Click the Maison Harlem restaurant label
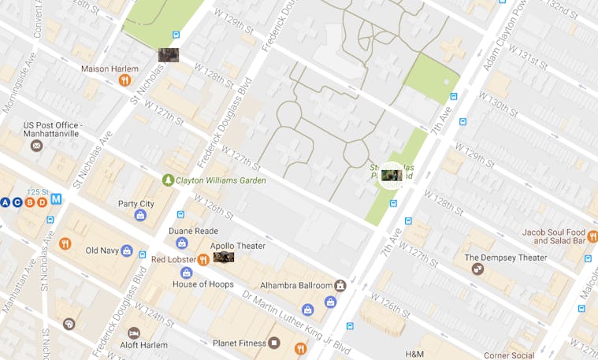point(110,69)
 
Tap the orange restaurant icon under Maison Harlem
point(124,80)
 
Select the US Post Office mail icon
point(35,146)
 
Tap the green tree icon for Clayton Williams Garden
point(167,180)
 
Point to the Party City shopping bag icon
point(140,215)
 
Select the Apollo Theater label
point(239,246)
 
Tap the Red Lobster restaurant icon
point(203,259)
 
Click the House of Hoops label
point(202,284)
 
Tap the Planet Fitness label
point(240,343)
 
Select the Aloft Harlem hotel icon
point(133,333)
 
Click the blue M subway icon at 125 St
point(56,199)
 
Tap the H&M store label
point(415,354)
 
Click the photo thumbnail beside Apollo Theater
point(224,257)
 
